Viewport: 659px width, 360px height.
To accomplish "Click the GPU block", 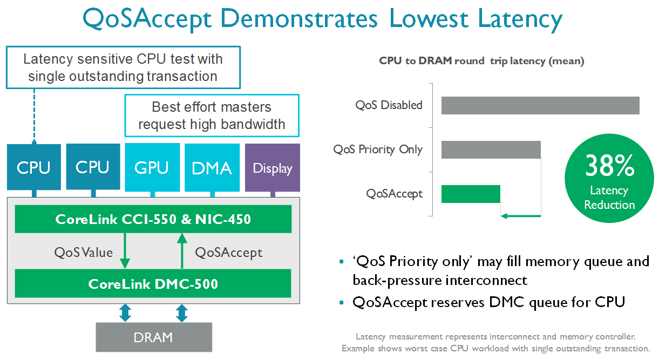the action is point(152,167).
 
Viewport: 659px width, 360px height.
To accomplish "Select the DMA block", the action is point(212,167).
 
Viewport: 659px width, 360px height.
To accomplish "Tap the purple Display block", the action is point(273,167).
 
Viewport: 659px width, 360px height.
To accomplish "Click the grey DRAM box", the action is point(154,337).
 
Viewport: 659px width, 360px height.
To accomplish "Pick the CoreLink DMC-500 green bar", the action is point(153,283).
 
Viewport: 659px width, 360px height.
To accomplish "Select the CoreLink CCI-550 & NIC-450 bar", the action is point(153,219).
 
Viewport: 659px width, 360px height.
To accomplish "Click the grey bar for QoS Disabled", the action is point(540,105).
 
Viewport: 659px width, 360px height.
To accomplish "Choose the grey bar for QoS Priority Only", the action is point(491,150).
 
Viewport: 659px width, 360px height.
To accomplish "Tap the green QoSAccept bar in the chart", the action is point(471,194).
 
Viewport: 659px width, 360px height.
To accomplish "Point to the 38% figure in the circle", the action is point(609,166).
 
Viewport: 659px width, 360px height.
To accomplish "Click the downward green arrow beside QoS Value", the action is point(125,250).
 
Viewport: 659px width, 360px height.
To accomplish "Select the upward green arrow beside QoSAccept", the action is point(182,250).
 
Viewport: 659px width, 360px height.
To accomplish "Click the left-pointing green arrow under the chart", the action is point(521,216).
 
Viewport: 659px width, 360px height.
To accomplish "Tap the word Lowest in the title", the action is point(429,18).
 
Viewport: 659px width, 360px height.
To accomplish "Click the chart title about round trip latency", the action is point(481,61).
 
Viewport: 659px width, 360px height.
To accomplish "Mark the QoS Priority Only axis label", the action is point(378,150).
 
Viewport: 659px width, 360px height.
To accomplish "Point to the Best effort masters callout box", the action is point(212,116).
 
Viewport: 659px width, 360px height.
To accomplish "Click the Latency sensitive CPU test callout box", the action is point(123,67).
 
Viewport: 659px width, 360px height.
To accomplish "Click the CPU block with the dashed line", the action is point(34,167).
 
